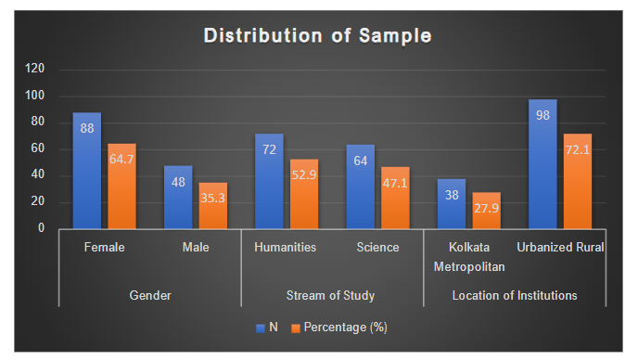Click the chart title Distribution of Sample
coord(317,36)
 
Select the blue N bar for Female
coord(87,171)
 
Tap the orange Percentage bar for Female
coord(121,186)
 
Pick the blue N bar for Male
coord(178,197)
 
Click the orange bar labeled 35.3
coord(212,205)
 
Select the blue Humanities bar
coord(269,181)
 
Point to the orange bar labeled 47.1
coord(394,198)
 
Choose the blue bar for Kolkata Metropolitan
coord(451,203)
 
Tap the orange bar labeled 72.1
coord(577,181)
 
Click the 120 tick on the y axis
coord(34,69)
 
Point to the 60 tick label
coord(38,148)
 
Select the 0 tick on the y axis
coord(41,228)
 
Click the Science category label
coord(376,248)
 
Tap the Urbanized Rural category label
coord(559,248)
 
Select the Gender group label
coord(149,296)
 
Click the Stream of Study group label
coord(331,296)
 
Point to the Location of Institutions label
coord(514,296)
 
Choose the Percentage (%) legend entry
coord(340,328)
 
